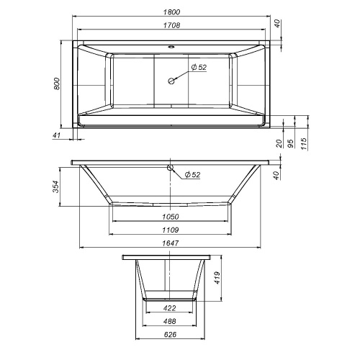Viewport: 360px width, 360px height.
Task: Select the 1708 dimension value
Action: tap(171, 27)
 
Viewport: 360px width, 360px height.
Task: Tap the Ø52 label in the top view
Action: tap(199, 68)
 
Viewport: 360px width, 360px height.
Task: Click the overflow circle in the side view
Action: tap(171, 170)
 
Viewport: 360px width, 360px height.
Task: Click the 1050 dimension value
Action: tap(171, 217)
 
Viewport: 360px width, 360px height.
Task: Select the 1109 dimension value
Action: tap(171, 230)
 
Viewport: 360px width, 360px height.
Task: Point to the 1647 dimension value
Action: tap(171, 243)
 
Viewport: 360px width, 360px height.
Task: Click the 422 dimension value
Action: tap(171, 307)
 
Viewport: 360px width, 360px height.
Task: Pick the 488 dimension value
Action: tap(171, 321)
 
